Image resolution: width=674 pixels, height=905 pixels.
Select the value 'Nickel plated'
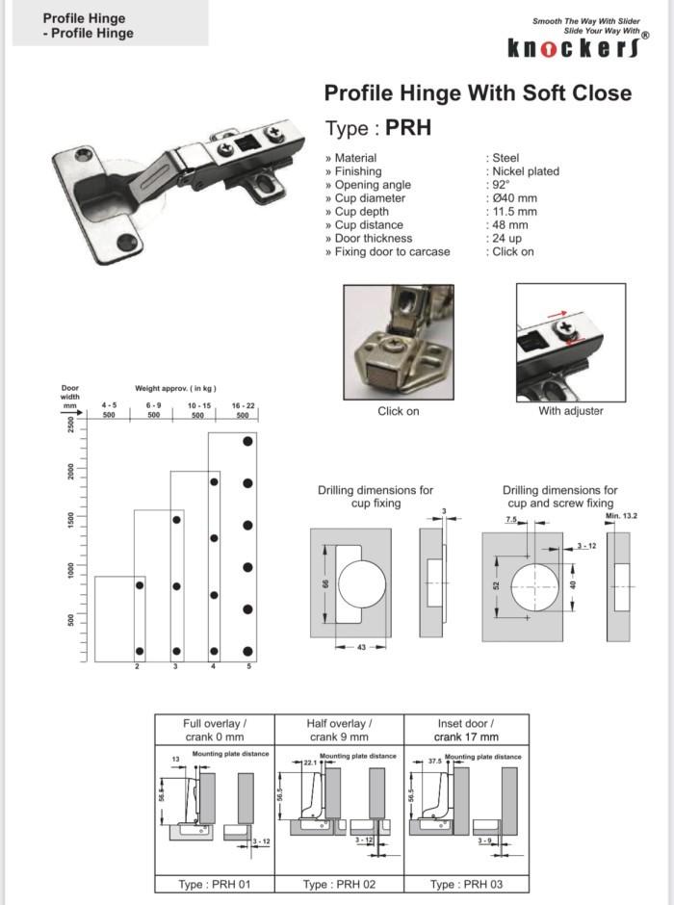pyautogui.click(x=526, y=171)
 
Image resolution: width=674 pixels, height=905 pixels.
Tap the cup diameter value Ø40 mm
pyautogui.click(x=514, y=198)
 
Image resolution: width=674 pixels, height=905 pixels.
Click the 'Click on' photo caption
pyautogui.click(x=399, y=411)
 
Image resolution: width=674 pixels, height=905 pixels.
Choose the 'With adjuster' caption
pyautogui.click(x=571, y=411)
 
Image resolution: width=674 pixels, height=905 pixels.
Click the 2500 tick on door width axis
pyautogui.click(x=71, y=425)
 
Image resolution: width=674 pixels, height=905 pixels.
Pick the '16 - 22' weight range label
pyautogui.click(x=243, y=407)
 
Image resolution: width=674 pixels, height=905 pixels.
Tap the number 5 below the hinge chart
pyautogui.click(x=247, y=666)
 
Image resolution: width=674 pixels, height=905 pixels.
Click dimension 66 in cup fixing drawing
pyautogui.click(x=324, y=583)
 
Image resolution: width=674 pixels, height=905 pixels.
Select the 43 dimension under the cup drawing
pyautogui.click(x=360, y=646)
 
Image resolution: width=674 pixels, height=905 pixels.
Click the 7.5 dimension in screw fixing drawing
pyautogui.click(x=509, y=519)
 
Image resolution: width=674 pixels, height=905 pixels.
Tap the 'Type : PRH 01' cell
pyautogui.click(x=216, y=884)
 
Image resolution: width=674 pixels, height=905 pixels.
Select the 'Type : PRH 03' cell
pyautogui.click(x=466, y=884)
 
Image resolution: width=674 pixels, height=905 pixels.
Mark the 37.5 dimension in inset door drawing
pyautogui.click(x=435, y=760)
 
